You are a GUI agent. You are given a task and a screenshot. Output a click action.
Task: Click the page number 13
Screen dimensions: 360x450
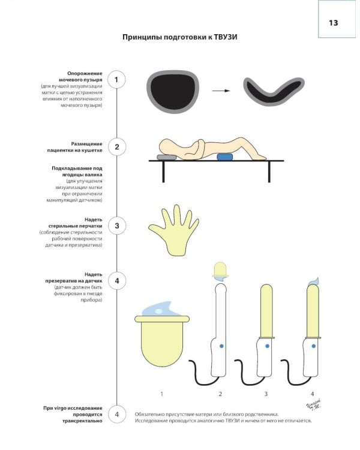[x=334, y=23]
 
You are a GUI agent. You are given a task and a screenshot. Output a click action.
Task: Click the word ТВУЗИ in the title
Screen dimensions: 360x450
[x=226, y=37]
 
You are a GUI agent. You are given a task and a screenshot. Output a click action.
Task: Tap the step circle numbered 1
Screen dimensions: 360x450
[x=116, y=79]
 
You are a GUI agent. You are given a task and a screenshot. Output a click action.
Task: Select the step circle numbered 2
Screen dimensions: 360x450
[x=116, y=147]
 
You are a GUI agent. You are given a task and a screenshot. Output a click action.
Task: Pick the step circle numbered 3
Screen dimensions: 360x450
[x=116, y=226]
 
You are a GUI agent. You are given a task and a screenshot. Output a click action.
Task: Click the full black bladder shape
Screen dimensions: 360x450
[x=173, y=91]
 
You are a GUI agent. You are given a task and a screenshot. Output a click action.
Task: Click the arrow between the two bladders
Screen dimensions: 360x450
[x=221, y=91]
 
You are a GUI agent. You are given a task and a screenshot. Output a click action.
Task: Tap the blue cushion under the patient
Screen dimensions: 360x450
[x=225, y=157]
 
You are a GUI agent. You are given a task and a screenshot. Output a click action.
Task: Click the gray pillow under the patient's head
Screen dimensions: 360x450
[x=167, y=157]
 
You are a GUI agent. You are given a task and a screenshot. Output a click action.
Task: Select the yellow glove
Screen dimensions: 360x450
[x=174, y=230]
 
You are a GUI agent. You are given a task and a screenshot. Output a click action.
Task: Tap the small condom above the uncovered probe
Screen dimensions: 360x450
[x=220, y=270]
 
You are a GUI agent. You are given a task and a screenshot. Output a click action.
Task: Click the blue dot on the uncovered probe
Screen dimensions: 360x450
[x=221, y=346]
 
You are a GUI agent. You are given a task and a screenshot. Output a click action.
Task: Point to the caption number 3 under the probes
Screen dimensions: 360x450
[x=266, y=394]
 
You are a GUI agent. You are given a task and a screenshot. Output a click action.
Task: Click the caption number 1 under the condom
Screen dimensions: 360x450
[x=161, y=394]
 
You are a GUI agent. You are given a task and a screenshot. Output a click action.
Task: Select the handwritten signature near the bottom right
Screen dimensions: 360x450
[x=313, y=404]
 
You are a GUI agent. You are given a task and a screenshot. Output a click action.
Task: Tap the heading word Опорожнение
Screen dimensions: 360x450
[x=85, y=73]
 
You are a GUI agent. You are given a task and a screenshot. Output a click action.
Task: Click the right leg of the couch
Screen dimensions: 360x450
[x=269, y=172]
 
